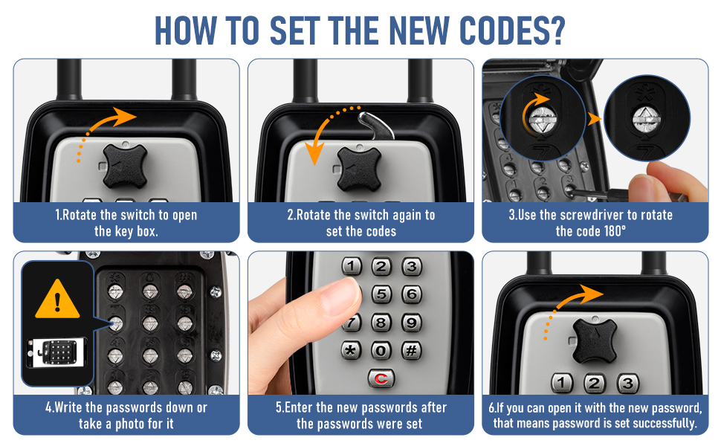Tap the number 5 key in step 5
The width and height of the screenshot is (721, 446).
tap(381, 294)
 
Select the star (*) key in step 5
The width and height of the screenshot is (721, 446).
tap(351, 350)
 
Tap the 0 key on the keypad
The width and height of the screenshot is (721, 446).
tap(381, 350)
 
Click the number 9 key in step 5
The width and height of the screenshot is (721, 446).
tap(412, 323)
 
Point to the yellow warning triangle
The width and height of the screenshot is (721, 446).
tap(57, 299)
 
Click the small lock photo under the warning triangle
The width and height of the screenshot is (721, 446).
tap(56, 352)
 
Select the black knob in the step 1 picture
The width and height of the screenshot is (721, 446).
tap(125, 166)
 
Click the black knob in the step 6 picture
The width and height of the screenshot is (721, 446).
tap(594, 340)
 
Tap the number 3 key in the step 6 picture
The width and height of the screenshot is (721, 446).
tap(627, 383)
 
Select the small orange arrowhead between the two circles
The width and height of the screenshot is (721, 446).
tap(594, 119)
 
